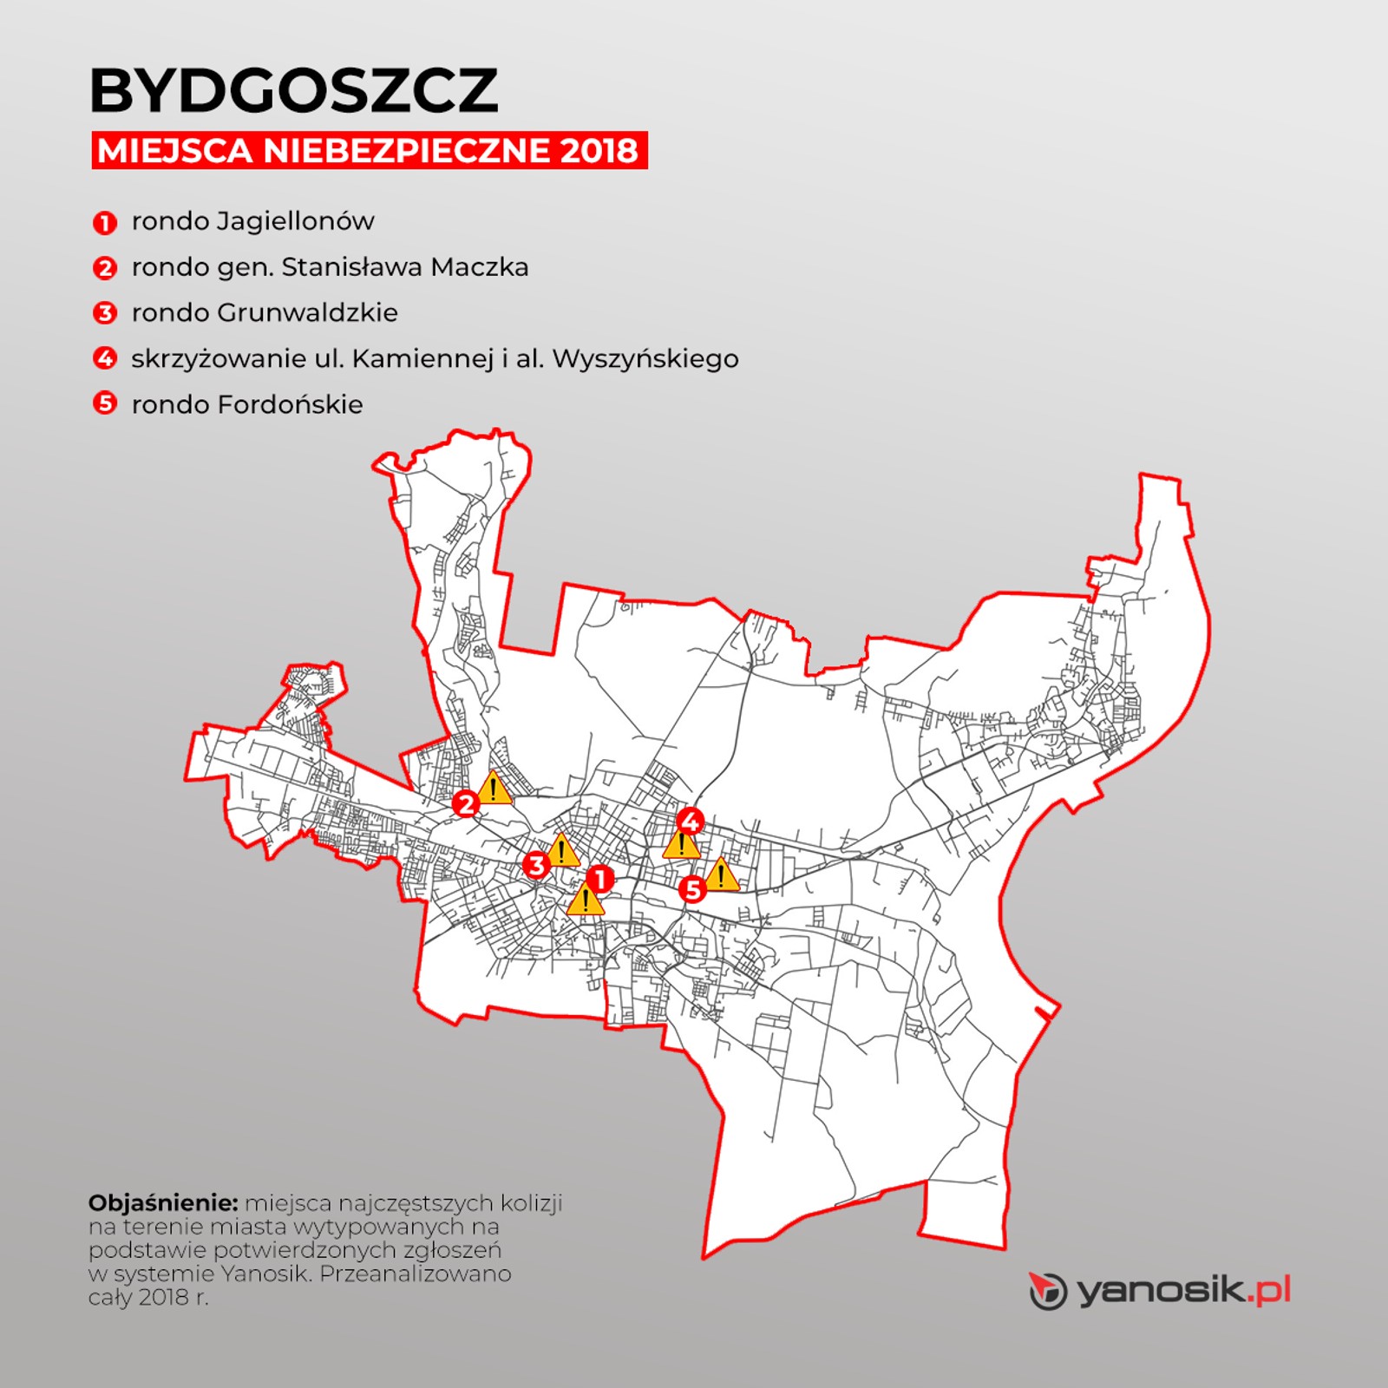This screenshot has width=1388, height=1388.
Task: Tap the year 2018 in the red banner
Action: click(x=599, y=151)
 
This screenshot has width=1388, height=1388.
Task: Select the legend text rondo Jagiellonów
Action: click(x=252, y=221)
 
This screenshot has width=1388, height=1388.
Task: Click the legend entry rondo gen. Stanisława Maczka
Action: click(x=330, y=267)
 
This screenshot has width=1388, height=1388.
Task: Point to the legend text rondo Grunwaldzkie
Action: click(x=265, y=312)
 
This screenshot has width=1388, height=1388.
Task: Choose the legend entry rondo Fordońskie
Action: click(x=247, y=404)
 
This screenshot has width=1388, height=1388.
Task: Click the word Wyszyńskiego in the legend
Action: click(x=645, y=358)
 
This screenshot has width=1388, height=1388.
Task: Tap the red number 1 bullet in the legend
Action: click(x=104, y=223)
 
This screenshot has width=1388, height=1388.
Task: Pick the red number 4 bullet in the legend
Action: click(x=104, y=357)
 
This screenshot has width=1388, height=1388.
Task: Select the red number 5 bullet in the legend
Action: click(x=104, y=403)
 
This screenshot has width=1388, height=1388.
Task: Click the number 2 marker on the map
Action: click(x=466, y=804)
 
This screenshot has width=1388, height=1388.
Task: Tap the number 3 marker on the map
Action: click(x=536, y=865)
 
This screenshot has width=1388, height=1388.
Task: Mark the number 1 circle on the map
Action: click(x=599, y=880)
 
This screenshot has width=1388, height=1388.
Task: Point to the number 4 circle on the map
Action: click(x=691, y=820)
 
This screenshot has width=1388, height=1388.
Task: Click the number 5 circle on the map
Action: click(x=692, y=889)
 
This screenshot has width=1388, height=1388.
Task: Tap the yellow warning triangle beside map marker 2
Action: click(x=494, y=789)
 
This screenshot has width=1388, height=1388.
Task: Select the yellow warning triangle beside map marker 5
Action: click(x=721, y=876)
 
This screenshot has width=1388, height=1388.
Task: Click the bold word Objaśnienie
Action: click(x=163, y=1203)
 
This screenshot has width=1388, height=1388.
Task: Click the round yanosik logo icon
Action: click(x=1048, y=1291)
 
